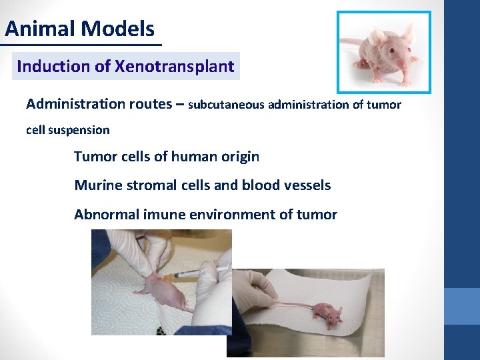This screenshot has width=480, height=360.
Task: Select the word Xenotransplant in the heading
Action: [175, 67]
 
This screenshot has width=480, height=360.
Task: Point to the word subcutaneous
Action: [227, 105]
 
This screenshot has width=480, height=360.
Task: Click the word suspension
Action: [78, 130]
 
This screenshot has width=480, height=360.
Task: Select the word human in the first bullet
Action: [195, 157]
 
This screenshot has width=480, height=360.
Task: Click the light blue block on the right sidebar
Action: [461, 306]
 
